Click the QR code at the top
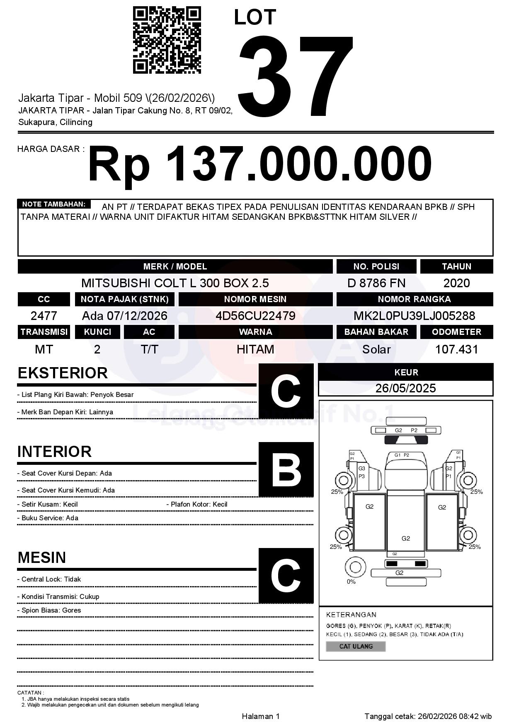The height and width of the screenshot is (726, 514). click(x=167, y=40)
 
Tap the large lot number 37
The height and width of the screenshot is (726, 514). click(x=295, y=77)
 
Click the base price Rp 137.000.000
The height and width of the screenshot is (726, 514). click(x=259, y=164)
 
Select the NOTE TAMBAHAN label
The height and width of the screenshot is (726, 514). click(x=54, y=204)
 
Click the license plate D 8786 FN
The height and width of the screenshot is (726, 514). click(x=376, y=283)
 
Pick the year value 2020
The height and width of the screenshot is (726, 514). click(x=456, y=283)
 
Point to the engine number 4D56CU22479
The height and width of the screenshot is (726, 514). click(x=255, y=316)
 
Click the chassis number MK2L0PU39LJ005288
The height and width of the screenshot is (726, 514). click(x=414, y=316)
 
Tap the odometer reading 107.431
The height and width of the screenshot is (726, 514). click(x=456, y=349)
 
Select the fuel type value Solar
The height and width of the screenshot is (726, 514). click(x=376, y=349)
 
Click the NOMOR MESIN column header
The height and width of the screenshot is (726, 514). click(x=255, y=299)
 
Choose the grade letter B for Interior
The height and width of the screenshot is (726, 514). click(x=286, y=469)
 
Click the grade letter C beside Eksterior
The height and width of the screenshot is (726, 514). click(x=286, y=391)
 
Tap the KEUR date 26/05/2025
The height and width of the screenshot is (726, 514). click(x=405, y=388)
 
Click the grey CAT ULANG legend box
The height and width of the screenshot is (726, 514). click(x=356, y=646)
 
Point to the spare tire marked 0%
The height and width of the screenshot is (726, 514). click(x=354, y=567)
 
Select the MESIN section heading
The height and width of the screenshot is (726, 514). click(x=42, y=558)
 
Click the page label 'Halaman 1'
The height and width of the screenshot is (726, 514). click(x=261, y=716)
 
